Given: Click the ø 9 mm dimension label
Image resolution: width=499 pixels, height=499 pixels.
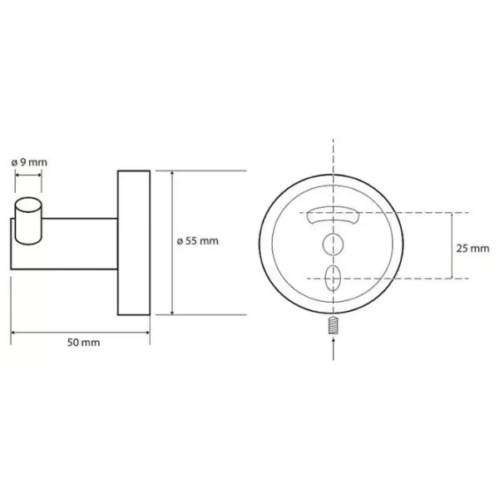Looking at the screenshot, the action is point(29,163).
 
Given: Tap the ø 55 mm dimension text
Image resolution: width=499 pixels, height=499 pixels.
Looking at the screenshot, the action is point(198,241).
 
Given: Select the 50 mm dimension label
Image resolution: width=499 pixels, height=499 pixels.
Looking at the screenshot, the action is point(83,343).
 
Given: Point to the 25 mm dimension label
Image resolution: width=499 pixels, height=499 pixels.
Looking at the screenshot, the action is point(473,248).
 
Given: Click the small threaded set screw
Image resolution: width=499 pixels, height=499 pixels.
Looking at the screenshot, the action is point(333,325).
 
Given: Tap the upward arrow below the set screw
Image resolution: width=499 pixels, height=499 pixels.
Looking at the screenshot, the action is point(333,349).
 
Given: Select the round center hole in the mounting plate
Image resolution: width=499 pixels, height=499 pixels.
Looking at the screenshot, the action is point(333,245).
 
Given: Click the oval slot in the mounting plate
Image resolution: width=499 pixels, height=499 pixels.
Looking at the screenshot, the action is point(333,279).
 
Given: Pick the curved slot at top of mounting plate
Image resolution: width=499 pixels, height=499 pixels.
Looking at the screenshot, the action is point(333,215).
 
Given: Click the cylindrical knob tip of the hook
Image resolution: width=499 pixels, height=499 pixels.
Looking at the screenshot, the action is point(28,221).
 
